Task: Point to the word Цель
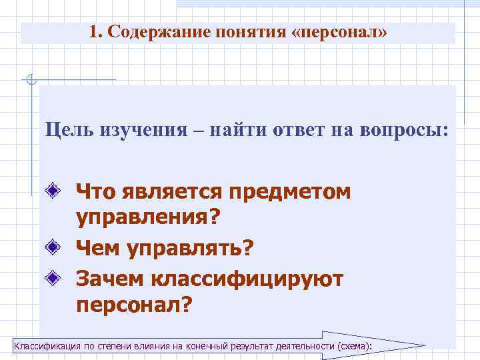[x=67, y=129]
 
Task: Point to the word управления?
[x=148, y=219]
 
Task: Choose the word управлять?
[x=193, y=249]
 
